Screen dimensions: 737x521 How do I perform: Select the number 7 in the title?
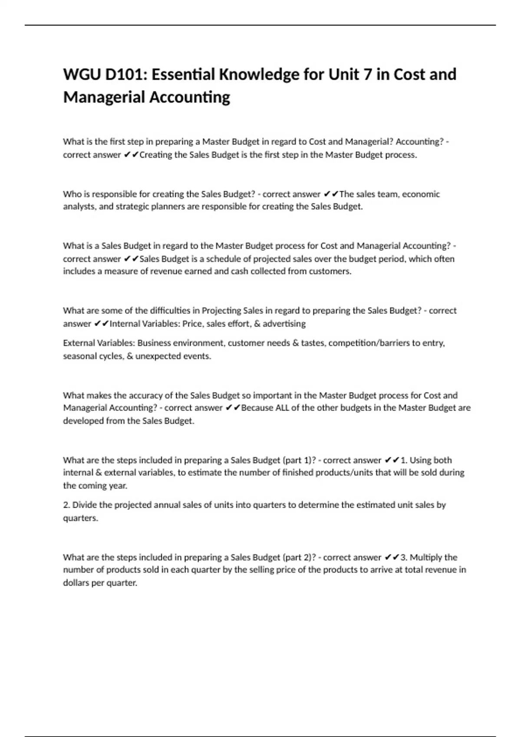368,75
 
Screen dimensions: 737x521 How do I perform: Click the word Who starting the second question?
71,194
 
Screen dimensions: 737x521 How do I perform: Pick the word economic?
421,194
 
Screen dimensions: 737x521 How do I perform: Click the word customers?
330,271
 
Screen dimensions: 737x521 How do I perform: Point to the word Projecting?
221,310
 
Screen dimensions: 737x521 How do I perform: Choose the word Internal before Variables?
125,323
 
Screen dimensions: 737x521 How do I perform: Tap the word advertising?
284,323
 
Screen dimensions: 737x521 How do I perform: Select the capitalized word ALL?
282,408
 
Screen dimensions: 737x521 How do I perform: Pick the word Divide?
85,505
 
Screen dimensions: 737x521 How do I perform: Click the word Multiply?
427,557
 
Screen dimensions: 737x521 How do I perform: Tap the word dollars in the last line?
77,583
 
